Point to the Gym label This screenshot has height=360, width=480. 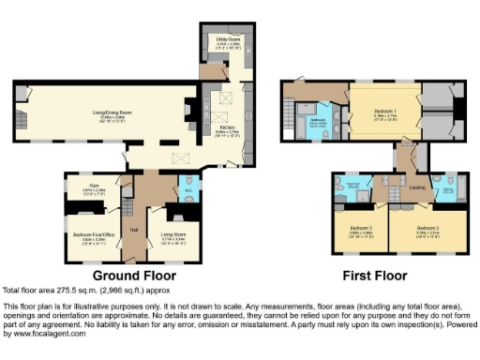pos(95,187)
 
